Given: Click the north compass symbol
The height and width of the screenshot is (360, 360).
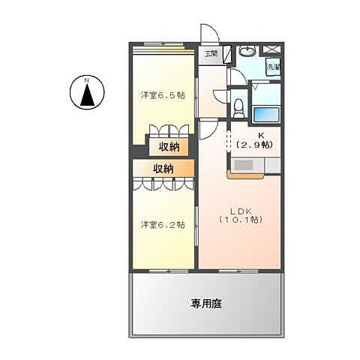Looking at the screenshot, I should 87,93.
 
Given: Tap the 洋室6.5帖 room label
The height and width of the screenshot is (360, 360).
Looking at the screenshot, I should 163,96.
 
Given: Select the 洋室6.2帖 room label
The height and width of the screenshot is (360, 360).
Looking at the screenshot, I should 163,224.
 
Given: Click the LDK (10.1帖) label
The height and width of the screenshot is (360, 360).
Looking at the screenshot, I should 241,215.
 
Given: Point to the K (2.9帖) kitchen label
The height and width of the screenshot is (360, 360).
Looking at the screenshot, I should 255,139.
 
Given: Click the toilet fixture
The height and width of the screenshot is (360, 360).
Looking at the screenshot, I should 238,106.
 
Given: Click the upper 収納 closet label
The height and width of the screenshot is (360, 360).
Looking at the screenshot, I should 169,146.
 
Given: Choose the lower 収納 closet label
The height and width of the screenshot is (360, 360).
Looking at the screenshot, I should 163,169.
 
